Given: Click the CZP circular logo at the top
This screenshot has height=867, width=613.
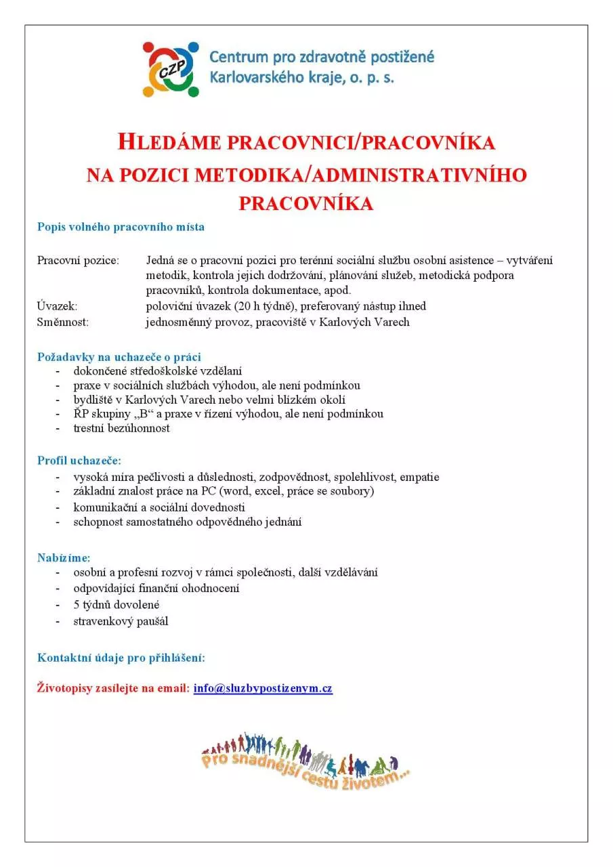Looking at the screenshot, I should (171, 68).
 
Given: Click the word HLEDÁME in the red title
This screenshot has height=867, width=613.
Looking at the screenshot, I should (169, 143).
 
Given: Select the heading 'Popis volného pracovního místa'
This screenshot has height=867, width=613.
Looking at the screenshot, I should (121, 227).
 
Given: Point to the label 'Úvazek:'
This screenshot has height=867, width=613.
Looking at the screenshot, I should (57, 306).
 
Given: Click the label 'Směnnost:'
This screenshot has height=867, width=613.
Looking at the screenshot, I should (63, 322).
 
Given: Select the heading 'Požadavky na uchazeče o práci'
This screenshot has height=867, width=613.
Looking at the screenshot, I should (119, 356).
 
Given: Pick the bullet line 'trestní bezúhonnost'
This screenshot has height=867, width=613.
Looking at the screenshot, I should (122, 428).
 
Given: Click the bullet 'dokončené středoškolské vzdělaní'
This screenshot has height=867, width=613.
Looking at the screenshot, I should (158, 371).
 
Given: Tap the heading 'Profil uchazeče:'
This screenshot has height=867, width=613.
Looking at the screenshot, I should (79, 461).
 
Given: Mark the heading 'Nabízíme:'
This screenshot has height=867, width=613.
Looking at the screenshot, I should (64, 557).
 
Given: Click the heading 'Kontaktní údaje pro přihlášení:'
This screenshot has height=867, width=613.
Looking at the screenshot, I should (121, 658).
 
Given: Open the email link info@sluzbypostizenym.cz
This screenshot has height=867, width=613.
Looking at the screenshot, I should (263, 689).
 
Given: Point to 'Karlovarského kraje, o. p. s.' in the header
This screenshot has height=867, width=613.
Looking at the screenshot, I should (301, 78).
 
